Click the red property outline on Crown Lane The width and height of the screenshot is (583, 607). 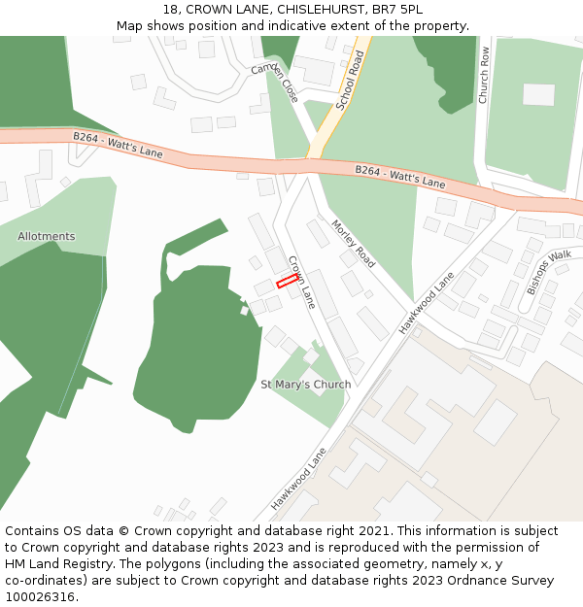(287, 282)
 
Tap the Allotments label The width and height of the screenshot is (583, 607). (46, 236)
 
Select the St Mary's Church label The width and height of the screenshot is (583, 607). (306, 385)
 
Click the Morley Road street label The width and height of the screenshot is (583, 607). (353, 243)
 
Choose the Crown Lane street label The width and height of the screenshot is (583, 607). (302, 282)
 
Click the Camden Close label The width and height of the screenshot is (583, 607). (275, 83)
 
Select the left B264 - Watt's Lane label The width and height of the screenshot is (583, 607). (118, 147)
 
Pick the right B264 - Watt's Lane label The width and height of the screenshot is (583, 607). (399, 177)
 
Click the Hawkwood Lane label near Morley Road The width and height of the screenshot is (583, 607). (427, 303)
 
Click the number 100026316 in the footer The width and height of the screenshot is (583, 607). (40, 597)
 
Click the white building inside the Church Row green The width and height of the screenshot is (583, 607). (538, 94)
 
